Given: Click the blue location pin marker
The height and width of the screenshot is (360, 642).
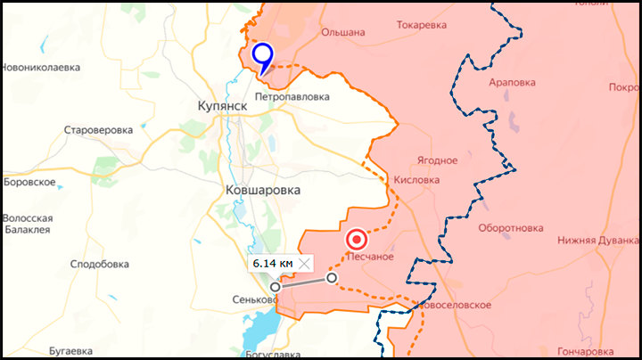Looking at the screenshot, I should tap(262, 56).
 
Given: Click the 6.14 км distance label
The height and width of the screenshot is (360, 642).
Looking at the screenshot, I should tap(272, 263).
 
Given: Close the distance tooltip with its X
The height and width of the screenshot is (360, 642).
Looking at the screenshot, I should tap(305, 263).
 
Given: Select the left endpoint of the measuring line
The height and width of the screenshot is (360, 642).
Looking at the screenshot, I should tap(275, 287).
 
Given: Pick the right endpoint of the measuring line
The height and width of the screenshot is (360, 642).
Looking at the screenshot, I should tap(333, 278).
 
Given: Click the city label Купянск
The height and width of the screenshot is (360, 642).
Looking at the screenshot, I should tap(222, 106).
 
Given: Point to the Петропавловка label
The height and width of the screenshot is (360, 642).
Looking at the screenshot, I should tap(292, 95).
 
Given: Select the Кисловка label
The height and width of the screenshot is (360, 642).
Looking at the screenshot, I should tap(416, 179).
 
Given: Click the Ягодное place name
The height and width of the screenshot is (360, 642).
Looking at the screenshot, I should tap(437, 160).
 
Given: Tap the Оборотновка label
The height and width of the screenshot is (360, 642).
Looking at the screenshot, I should tap(510, 227).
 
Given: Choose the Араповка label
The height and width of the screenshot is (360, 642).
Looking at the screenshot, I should tap(512, 82).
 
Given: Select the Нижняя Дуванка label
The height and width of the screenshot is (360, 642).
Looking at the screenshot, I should tap(598, 240).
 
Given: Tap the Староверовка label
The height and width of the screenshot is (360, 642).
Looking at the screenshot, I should tap(98, 130).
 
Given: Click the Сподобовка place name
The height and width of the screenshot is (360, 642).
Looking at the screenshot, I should tap(100, 264).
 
